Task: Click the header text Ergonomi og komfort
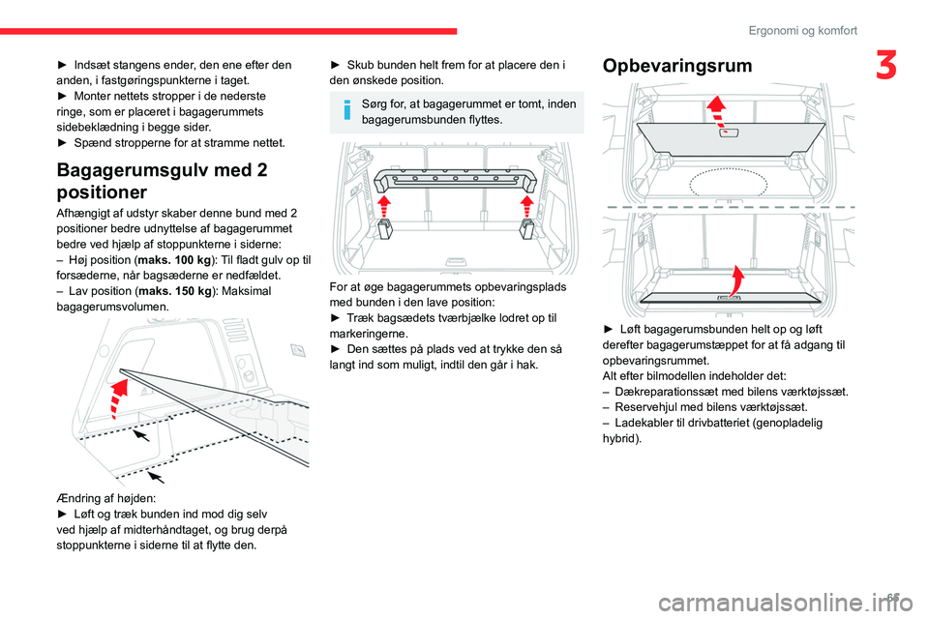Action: (802, 30)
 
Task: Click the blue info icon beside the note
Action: (347, 111)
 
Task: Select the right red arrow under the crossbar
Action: (527, 205)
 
